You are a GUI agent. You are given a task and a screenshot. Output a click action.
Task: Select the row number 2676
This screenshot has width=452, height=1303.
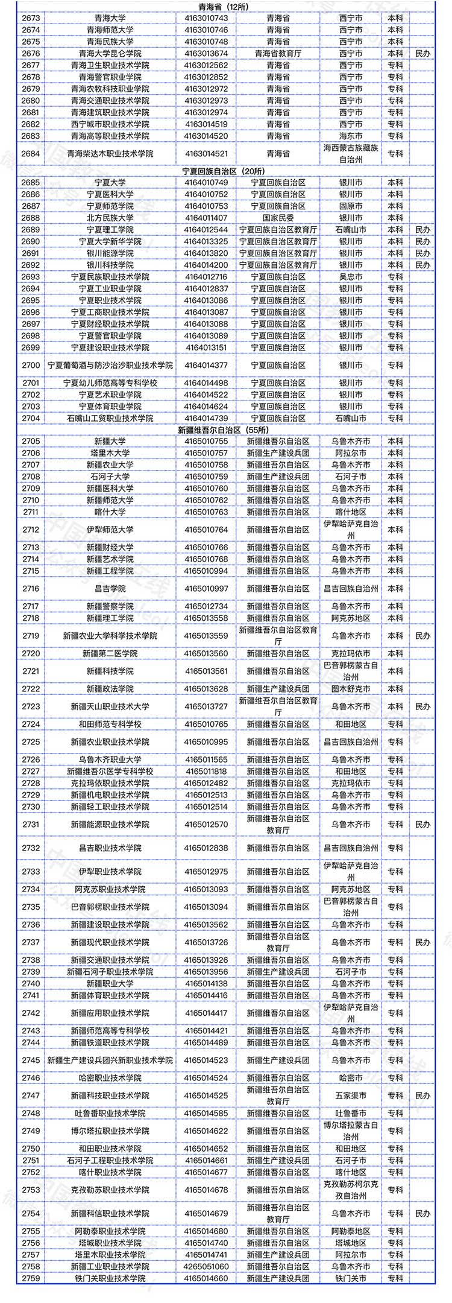[x=31, y=54]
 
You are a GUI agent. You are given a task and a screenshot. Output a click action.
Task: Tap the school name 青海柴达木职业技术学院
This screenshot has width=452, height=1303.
[x=110, y=154]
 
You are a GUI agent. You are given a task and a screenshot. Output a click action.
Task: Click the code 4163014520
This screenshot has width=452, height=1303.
[x=206, y=136]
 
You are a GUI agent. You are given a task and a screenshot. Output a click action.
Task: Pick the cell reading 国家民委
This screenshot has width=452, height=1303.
[x=278, y=218]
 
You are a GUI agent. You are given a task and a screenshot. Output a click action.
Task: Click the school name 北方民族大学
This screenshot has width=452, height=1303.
[x=110, y=218]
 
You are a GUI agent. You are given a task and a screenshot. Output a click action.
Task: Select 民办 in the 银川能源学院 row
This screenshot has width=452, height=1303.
[x=423, y=253]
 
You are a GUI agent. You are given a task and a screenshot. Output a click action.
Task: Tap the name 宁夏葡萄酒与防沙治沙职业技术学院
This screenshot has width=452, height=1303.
[x=110, y=366]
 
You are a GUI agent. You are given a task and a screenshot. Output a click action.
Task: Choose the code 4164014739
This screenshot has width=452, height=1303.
[x=206, y=419]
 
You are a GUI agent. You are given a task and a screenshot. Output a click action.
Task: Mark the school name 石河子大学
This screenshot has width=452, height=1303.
[x=110, y=477]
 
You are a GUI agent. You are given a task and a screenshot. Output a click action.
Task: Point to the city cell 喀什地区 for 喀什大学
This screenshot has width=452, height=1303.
[x=351, y=512]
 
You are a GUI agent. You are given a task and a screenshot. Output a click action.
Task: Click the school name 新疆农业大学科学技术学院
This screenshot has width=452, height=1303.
[x=110, y=636]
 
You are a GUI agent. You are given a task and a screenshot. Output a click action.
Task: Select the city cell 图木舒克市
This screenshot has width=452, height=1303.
[x=351, y=689]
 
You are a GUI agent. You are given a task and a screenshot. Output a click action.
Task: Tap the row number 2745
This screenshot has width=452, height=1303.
[x=31, y=1060]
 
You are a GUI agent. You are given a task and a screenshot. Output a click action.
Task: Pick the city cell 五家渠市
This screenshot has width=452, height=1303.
[x=351, y=1095]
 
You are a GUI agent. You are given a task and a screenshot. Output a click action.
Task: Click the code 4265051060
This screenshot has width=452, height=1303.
[x=206, y=1267]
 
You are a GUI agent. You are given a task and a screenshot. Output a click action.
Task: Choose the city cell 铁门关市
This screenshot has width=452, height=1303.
[x=351, y=1278]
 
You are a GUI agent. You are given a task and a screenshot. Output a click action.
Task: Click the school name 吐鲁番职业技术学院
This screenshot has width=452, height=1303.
[x=110, y=1114]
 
